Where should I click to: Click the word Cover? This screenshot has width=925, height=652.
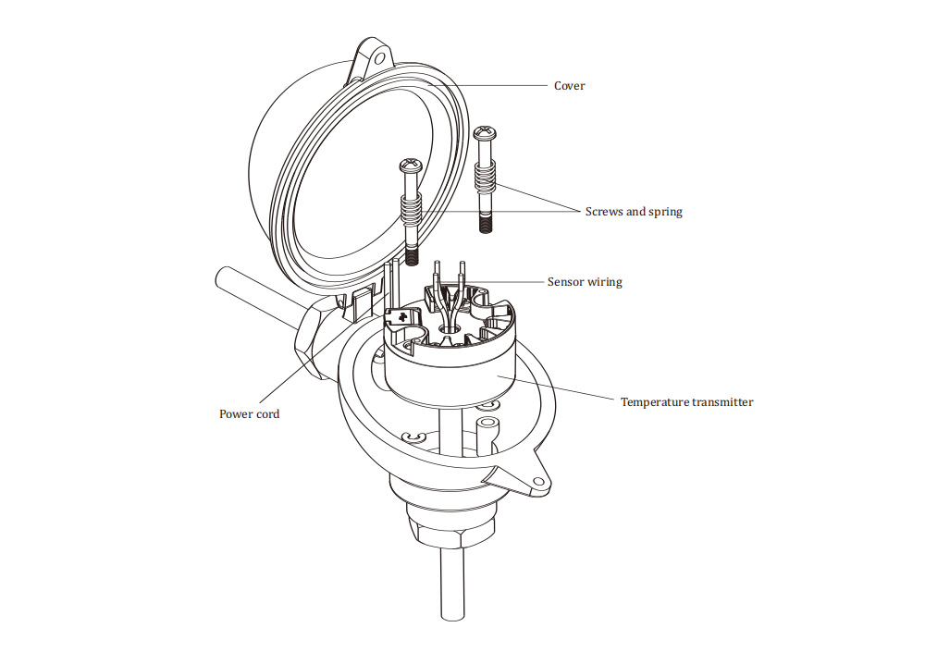tap(569, 86)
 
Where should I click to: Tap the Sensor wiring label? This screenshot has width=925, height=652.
tap(585, 282)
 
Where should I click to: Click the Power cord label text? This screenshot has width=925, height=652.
tap(249, 413)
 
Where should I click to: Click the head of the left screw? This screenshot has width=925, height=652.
tap(410, 166)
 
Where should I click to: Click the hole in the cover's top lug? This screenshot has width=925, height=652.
tap(377, 56)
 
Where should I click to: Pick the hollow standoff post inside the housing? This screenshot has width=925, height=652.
tap(487, 431)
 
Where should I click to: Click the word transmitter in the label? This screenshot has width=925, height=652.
tap(721, 402)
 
